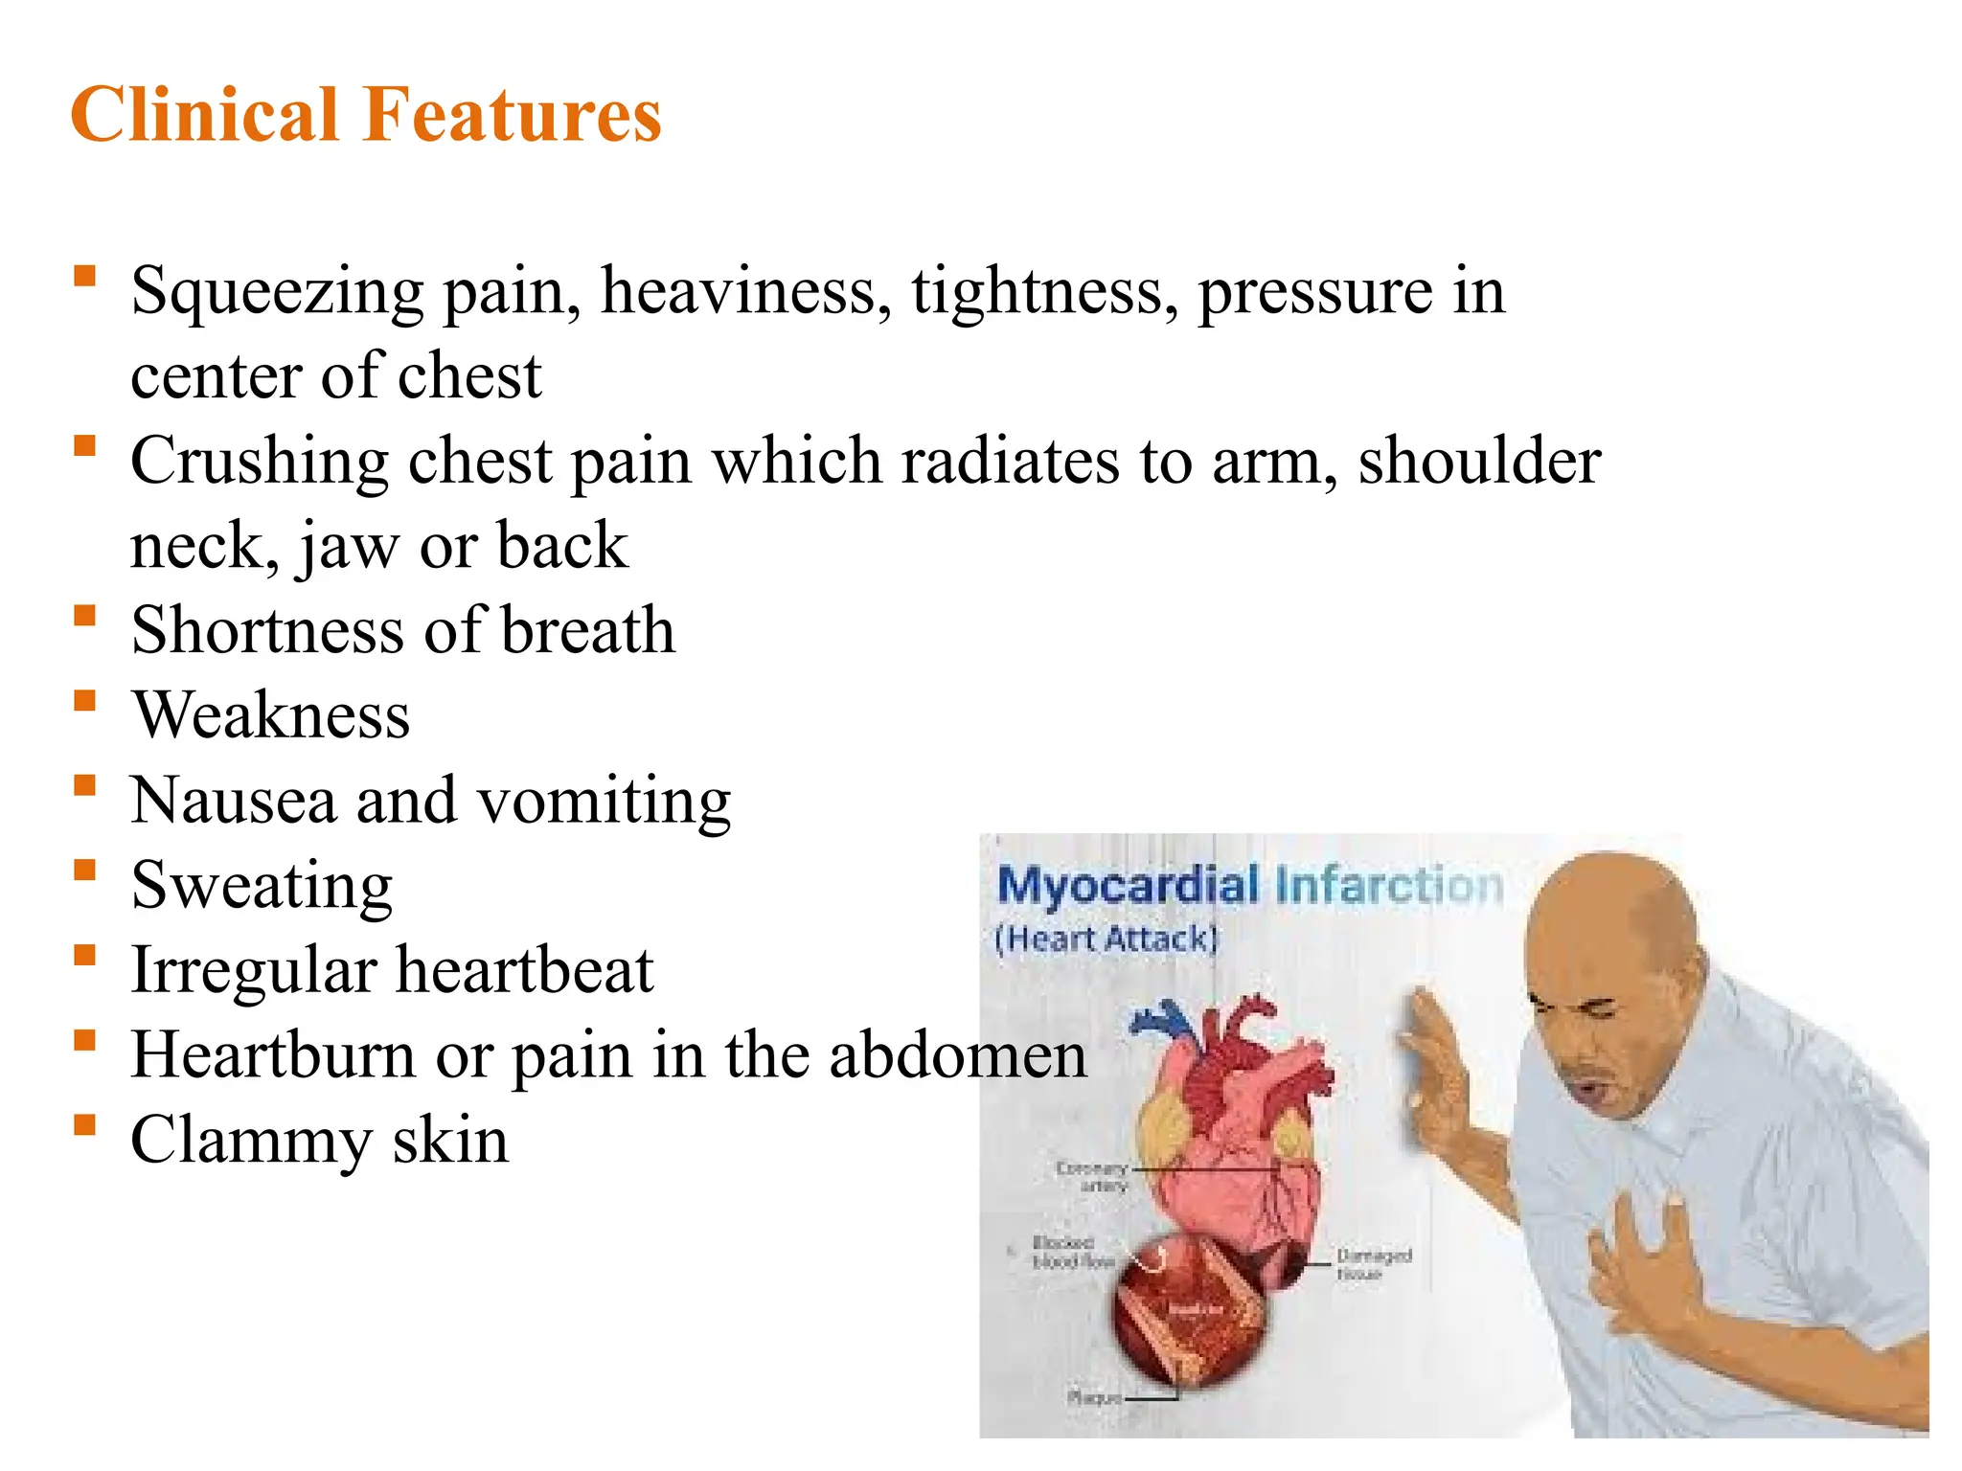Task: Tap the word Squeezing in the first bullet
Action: [277, 292]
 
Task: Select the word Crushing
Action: [259, 463]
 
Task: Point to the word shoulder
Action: [1479, 461]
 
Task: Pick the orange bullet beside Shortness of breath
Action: [85, 615]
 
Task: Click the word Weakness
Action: [271, 715]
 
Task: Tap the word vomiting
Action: [605, 802]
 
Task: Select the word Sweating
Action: [262, 886]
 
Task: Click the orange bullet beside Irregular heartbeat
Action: [85, 955]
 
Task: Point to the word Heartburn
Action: [273, 1055]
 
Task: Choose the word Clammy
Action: [251, 1141]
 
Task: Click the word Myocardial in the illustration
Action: [1128, 885]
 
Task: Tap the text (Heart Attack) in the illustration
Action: [1106, 939]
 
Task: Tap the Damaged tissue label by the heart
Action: [1373, 1264]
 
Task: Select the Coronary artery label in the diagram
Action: [1092, 1177]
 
